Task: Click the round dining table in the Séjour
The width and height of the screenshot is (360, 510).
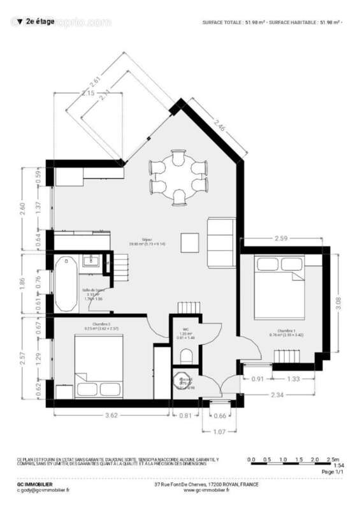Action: click(178, 178)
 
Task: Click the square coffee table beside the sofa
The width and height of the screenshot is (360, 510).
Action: click(191, 242)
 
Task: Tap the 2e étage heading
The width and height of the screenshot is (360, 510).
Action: click(38, 22)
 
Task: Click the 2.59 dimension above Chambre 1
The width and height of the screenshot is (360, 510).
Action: click(282, 238)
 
